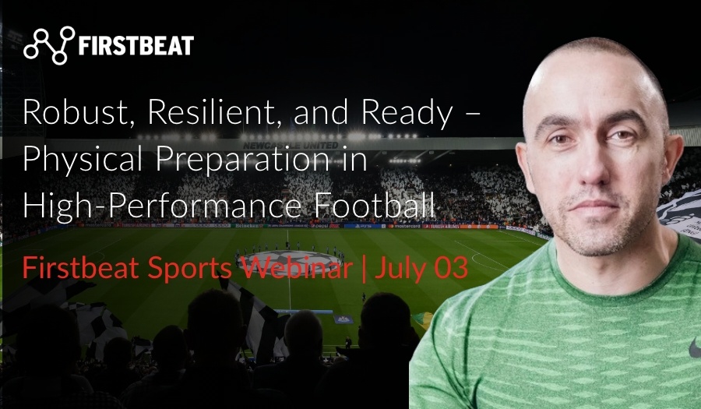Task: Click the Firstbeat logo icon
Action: (49, 44)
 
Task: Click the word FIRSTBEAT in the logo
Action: (136, 46)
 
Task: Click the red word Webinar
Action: (301, 268)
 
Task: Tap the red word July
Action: (397, 269)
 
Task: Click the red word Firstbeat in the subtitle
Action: (73, 268)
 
